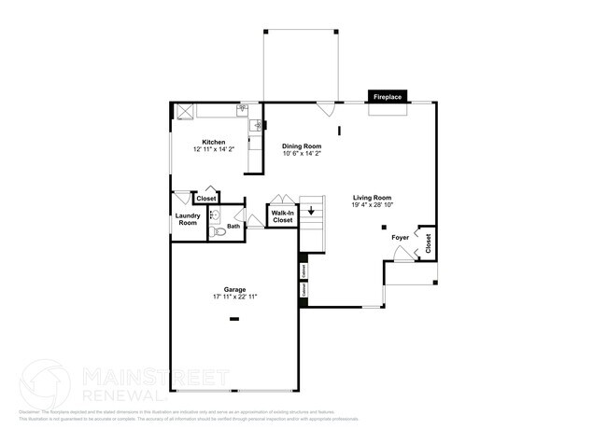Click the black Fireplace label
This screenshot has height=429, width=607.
388,96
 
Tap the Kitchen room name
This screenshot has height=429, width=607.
213,142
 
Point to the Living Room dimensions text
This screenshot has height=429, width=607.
371,205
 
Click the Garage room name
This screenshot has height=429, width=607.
233,289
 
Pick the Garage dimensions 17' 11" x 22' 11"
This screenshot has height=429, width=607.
233,297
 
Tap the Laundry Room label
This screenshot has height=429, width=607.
187,220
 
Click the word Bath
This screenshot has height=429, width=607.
233,226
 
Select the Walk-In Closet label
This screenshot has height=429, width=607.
282,216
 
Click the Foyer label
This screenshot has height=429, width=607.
400,239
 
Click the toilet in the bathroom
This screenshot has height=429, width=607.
217,233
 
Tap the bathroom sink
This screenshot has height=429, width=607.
215,214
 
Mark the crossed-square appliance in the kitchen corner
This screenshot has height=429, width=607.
185,110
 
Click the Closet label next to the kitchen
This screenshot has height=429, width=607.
205,199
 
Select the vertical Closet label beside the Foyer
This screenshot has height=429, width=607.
428,243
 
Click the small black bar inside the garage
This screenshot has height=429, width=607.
234,320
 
